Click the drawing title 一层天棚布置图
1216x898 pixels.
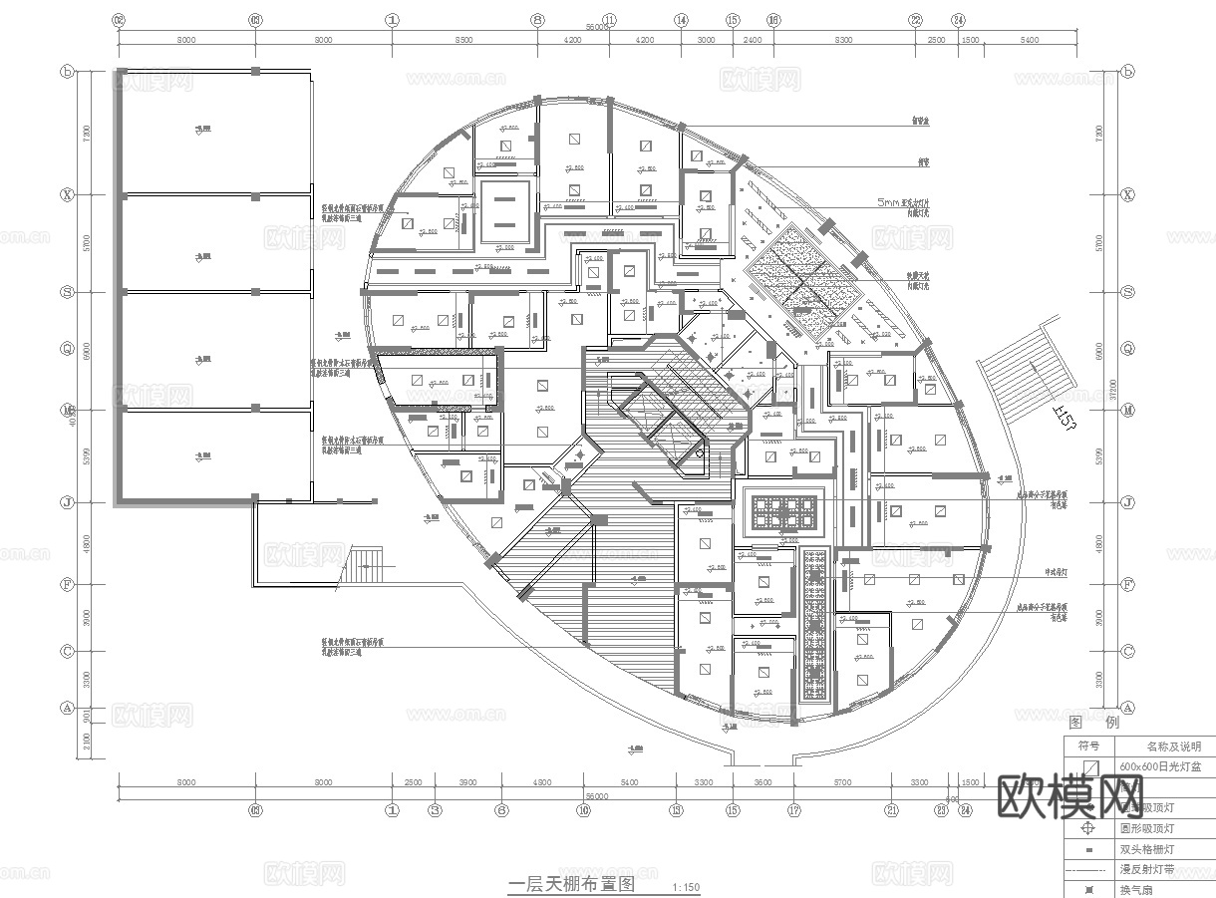click(x=570, y=884)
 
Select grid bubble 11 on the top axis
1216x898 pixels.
click(x=610, y=19)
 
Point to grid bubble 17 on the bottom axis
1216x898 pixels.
click(x=794, y=810)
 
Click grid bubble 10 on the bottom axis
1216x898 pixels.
click(x=583, y=810)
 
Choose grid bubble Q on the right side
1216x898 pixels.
click(x=1127, y=349)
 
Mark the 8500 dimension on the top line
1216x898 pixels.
click(x=462, y=40)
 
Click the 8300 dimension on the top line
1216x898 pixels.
click(x=843, y=40)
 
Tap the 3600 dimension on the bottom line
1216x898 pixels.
click(x=763, y=783)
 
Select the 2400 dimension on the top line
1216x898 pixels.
click(x=753, y=40)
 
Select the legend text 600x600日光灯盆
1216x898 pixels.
click(x=1160, y=766)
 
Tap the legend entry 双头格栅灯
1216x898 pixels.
click(x=1146, y=850)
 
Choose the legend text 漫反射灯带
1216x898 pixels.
click(x=1146, y=870)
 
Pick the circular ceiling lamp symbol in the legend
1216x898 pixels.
click(x=1089, y=828)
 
